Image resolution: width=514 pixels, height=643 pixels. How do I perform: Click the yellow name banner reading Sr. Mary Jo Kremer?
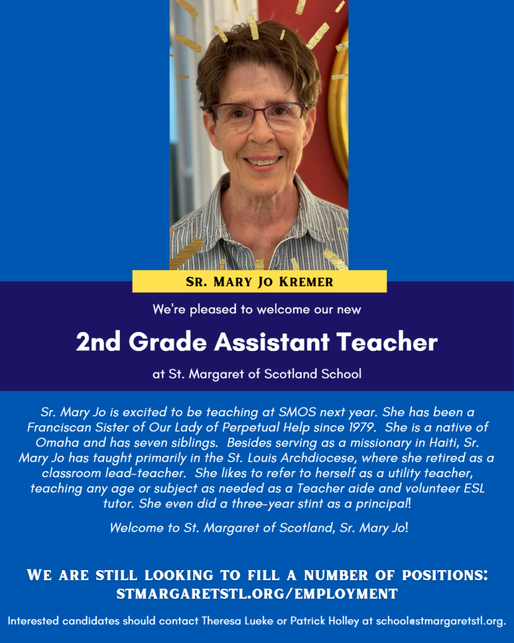point(259,281)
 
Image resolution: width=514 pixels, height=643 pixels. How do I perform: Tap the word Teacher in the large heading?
point(386,342)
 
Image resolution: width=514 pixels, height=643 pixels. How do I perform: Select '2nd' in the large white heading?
point(99,342)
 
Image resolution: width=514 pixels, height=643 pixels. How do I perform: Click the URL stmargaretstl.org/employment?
point(257,593)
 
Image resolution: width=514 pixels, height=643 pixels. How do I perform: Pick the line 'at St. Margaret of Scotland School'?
point(257,374)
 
